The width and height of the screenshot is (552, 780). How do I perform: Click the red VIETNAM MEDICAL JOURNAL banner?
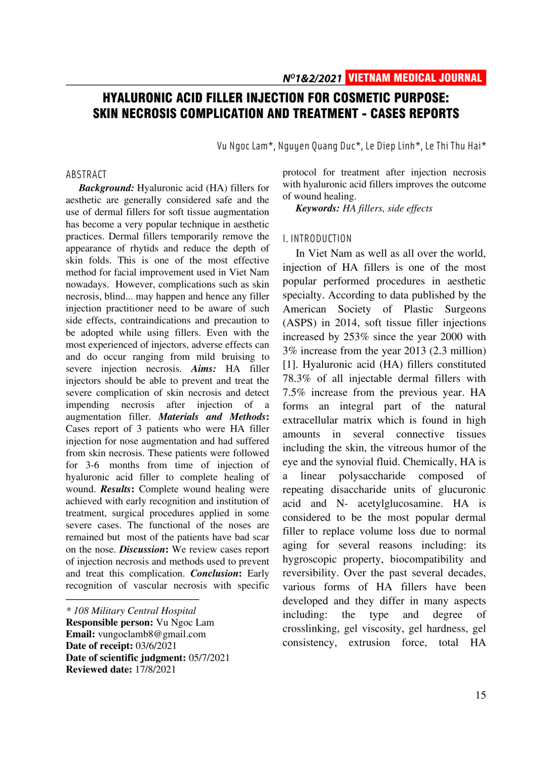(x=415, y=78)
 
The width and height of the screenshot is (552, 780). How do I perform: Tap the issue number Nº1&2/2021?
(x=312, y=78)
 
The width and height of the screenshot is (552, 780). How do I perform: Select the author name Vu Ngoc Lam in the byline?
(x=242, y=146)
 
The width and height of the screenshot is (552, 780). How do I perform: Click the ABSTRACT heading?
(x=86, y=175)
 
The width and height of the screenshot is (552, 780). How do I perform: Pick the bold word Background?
(x=106, y=188)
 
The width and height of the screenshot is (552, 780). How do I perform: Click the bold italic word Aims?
(x=204, y=368)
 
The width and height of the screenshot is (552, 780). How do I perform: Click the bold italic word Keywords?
(x=318, y=209)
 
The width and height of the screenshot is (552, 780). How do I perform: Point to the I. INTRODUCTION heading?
(x=317, y=239)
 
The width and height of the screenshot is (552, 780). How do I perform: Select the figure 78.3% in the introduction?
(x=297, y=378)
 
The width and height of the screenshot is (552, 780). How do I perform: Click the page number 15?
(x=481, y=695)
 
